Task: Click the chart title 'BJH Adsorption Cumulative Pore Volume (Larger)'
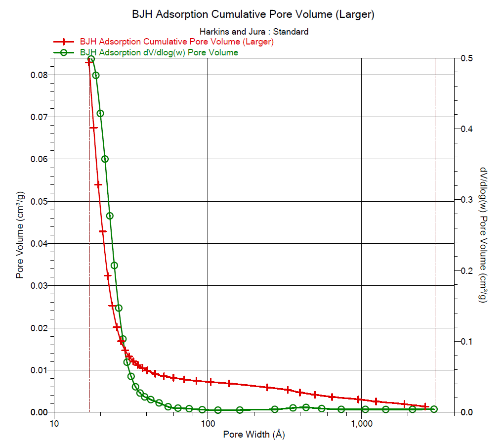[x=253, y=14]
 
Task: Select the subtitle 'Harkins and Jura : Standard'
[x=253, y=32]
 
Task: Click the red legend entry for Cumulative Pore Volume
[x=176, y=42]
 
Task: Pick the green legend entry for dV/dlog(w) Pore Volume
[x=159, y=52]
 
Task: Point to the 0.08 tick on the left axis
[x=38, y=75]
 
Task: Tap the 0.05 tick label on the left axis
[x=38, y=201]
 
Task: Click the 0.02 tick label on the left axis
[x=38, y=328]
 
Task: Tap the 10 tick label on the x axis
[x=54, y=423]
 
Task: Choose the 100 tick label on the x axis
[x=208, y=423]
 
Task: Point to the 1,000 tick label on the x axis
[x=361, y=423]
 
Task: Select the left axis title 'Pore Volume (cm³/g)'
[x=20, y=235]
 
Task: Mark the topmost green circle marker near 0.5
[x=91, y=59]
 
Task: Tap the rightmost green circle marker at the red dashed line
[x=434, y=409]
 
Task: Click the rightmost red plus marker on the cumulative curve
[x=425, y=406]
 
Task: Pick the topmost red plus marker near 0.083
[x=89, y=62]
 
